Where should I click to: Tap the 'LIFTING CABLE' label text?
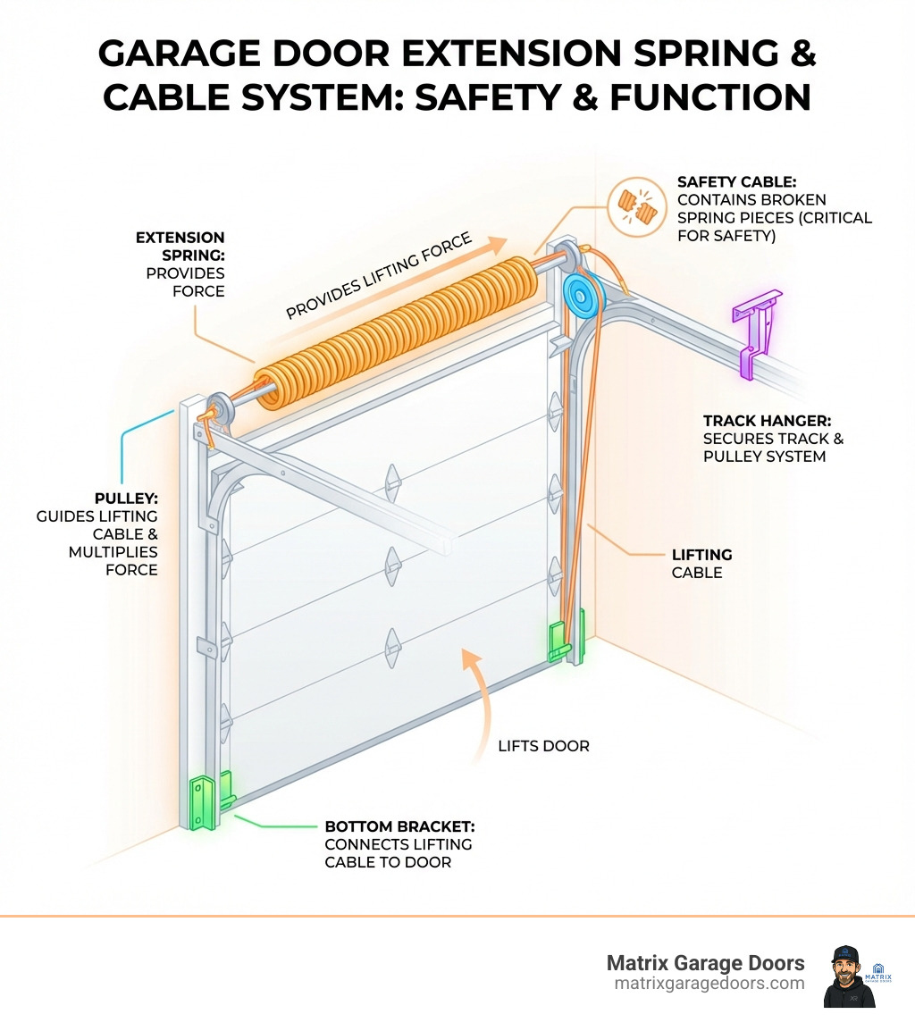(701, 564)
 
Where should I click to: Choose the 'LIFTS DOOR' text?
(543, 745)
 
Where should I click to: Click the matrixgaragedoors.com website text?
(709, 983)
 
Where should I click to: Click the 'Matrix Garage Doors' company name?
(705, 962)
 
